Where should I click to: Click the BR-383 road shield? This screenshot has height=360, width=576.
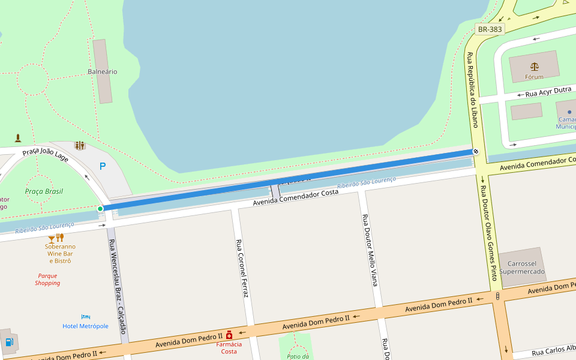(x=489, y=29)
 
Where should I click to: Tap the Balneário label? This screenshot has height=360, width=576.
(x=103, y=71)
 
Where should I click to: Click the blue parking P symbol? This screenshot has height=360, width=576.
(x=103, y=166)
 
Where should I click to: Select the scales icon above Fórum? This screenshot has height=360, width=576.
(x=534, y=66)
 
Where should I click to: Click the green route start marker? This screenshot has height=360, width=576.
(x=100, y=208)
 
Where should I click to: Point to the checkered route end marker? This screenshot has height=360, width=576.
(x=476, y=152)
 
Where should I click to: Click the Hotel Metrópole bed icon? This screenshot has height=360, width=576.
(x=86, y=317)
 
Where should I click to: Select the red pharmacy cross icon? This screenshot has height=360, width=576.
(x=229, y=335)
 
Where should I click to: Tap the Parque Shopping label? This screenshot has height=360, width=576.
(x=47, y=280)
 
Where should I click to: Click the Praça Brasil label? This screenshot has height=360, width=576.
(x=44, y=191)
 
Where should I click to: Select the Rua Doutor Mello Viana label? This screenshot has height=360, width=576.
(x=370, y=250)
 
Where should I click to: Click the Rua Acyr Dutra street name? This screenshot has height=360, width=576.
(x=548, y=91)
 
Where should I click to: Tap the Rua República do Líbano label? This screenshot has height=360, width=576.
(x=472, y=90)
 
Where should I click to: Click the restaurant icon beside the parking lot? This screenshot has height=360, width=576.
(x=80, y=145)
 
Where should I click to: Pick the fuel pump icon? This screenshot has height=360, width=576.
(x=9, y=342)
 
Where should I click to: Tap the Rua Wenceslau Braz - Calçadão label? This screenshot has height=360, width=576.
(x=117, y=287)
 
